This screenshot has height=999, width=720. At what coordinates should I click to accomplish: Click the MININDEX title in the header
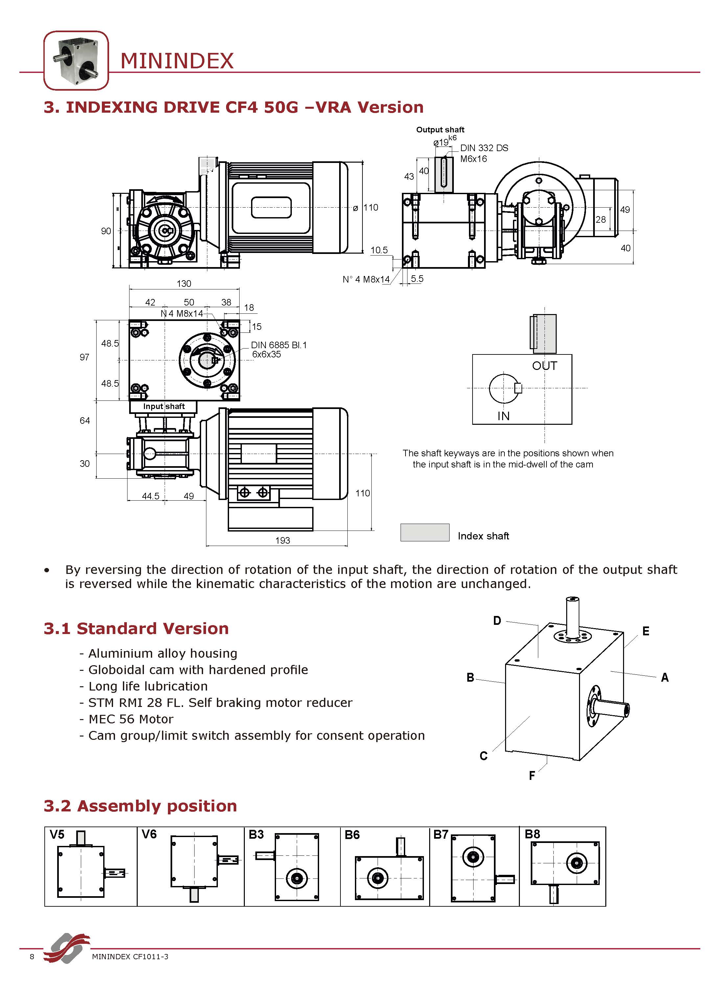pyautogui.click(x=177, y=61)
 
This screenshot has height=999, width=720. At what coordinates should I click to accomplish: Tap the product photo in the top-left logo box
pyautogui.click(x=76, y=61)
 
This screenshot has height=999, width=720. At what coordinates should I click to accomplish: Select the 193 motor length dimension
pyautogui.click(x=283, y=540)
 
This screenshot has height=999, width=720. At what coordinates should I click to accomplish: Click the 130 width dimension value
pyautogui.click(x=184, y=284)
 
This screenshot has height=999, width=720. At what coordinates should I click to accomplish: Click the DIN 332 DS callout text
pyautogui.click(x=484, y=148)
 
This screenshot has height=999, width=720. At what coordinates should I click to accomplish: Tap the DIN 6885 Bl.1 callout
pyautogui.click(x=278, y=345)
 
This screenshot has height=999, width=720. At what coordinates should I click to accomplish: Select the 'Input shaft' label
pyautogui.click(x=164, y=406)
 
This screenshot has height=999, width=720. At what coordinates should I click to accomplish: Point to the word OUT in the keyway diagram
pyautogui.click(x=544, y=366)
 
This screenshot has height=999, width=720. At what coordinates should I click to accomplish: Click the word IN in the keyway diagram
pyautogui.click(x=503, y=416)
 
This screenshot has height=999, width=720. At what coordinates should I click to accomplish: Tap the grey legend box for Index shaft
pyautogui.click(x=424, y=533)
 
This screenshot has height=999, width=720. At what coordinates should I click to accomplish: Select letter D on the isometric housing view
pyautogui.click(x=497, y=621)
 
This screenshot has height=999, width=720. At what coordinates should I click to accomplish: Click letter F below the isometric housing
pyautogui.click(x=531, y=775)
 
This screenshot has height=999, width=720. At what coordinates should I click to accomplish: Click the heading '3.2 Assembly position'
pyautogui.click(x=140, y=806)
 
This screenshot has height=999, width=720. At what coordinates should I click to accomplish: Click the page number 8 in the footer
pyautogui.click(x=32, y=956)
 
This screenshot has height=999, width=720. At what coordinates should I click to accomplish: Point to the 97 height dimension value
pyautogui.click(x=84, y=357)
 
